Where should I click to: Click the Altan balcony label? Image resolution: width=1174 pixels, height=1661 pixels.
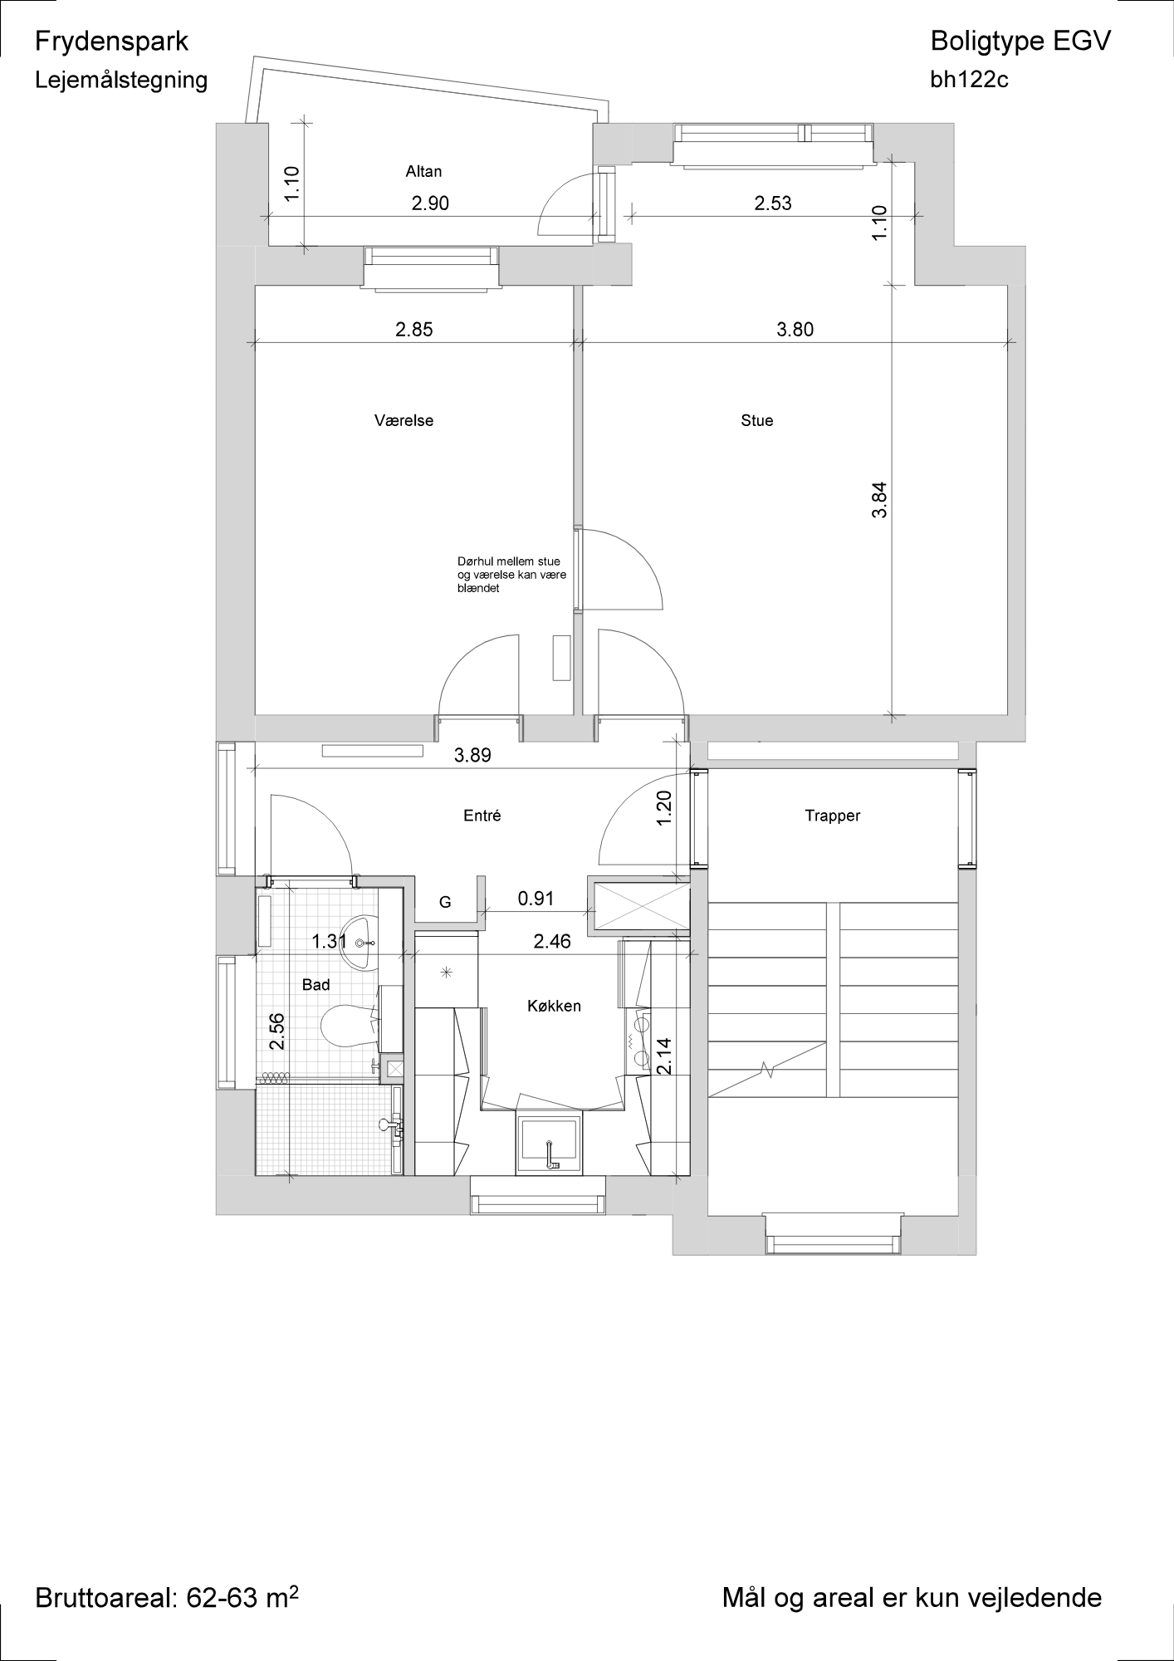(x=423, y=172)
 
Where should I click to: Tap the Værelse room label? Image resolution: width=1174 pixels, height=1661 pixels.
(x=404, y=421)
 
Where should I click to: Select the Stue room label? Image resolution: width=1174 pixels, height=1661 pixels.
(x=756, y=421)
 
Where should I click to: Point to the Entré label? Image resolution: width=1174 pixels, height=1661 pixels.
(x=482, y=816)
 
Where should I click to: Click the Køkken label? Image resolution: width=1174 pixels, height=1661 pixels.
(x=554, y=1007)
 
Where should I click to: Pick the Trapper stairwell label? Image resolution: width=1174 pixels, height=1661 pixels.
(x=832, y=816)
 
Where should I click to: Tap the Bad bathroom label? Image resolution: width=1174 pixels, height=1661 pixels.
(x=316, y=985)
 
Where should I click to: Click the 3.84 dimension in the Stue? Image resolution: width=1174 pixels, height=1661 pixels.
(x=880, y=501)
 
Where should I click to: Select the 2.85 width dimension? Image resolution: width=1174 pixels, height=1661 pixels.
(x=413, y=330)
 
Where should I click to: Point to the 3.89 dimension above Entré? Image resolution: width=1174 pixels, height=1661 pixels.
(x=472, y=756)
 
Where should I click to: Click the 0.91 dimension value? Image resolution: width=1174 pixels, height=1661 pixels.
(x=536, y=899)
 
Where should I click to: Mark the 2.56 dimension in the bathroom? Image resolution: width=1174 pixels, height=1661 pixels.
(x=277, y=1031)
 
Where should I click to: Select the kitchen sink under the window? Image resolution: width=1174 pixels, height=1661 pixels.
(x=548, y=1144)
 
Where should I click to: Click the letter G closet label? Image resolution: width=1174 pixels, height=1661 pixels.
(x=445, y=903)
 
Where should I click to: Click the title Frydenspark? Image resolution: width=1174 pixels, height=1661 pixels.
(x=112, y=42)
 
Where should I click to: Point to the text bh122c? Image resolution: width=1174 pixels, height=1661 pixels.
(x=970, y=80)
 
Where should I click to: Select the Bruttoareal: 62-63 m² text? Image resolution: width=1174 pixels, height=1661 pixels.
(x=166, y=1597)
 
